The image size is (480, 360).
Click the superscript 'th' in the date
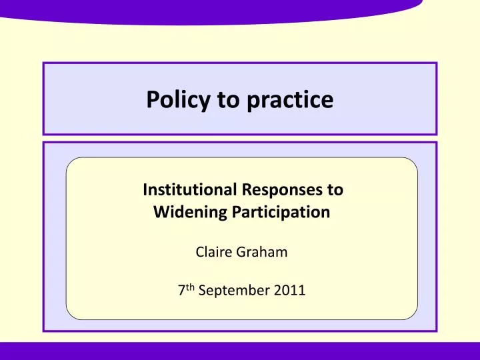coord(190,287)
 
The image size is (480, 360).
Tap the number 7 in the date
coord(182,291)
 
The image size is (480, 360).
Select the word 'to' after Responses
coord(334,190)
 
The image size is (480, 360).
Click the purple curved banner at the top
coord(213,10)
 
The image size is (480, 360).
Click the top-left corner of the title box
coord(44,63)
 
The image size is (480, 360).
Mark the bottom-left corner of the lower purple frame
coord(44,330)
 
